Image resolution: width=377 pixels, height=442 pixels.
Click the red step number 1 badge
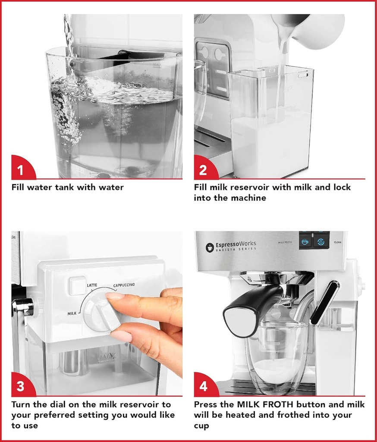click(x=22, y=168)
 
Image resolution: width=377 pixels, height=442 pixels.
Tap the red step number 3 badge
click(x=22, y=385)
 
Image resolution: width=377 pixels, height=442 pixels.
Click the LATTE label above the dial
click(x=92, y=285)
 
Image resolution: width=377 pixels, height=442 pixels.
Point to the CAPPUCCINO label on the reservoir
click(x=124, y=285)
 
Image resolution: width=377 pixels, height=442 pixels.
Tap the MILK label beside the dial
click(x=72, y=313)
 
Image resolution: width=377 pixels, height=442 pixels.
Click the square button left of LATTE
click(x=78, y=286)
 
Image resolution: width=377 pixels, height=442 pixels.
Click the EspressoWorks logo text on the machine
click(x=236, y=244)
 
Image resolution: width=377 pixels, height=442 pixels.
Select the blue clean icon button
click(x=321, y=242)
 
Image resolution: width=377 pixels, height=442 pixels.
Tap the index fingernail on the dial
click(x=114, y=296)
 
